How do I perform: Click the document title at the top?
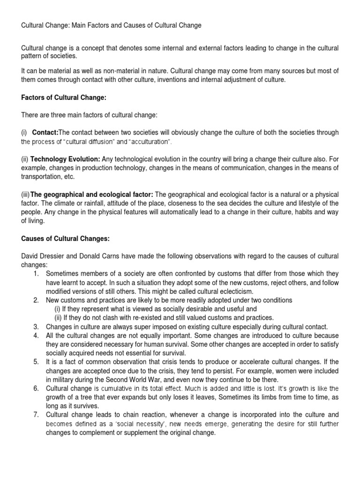click(x=112, y=25)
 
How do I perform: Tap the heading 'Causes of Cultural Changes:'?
click(x=66, y=238)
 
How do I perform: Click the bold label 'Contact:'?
click(x=45, y=133)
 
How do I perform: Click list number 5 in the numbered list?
click(x=36, y=361)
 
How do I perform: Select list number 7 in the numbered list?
click(x=36, y=414)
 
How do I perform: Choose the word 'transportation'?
click(x=43, y=176)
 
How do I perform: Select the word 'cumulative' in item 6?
click(x=115, y=389)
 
